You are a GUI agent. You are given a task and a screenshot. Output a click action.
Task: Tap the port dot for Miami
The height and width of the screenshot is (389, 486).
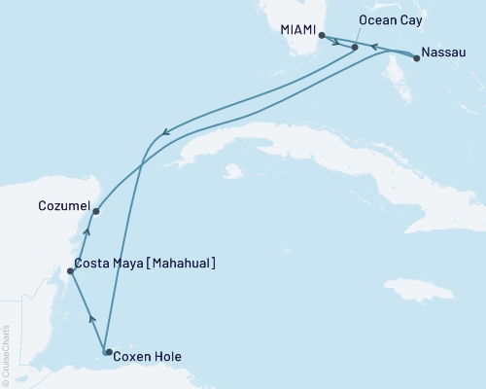[x=322, y=36]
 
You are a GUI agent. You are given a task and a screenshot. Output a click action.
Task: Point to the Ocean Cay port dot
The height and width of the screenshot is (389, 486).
[x=356, y=47]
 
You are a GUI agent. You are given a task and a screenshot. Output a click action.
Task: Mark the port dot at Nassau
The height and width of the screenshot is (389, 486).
[x=417, y=58]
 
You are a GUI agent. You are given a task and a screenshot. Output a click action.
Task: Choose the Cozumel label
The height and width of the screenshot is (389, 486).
[x=63, y=206]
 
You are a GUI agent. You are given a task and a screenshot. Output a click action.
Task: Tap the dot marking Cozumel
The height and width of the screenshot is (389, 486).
[x=95, y=211]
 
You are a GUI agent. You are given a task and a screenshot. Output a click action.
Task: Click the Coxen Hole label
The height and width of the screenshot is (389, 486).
[x=147, y=356]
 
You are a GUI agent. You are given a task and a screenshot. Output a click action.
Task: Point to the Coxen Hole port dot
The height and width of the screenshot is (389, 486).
[x=108, y=352]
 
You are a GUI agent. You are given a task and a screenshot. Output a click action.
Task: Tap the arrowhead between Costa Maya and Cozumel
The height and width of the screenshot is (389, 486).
[x=87, y=231]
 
